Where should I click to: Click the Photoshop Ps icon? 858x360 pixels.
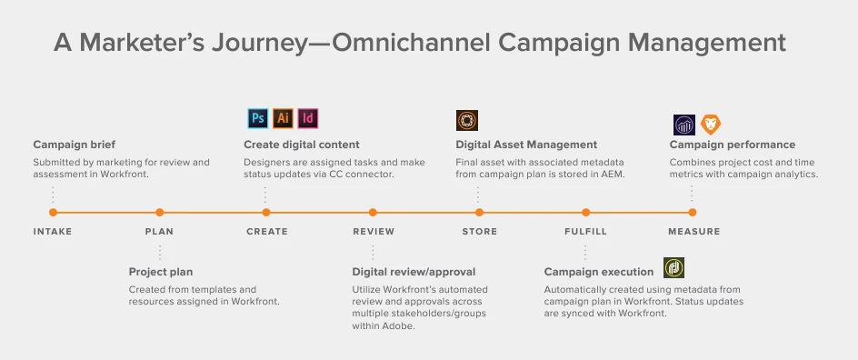point(258,119)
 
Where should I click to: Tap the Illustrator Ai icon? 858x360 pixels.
point(283,119)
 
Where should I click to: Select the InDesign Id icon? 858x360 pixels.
point(308,119)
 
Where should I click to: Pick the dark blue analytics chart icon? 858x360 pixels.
point(684,125)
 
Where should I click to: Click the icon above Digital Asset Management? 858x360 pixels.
point(467,120)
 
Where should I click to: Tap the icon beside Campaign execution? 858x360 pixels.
point(673,268)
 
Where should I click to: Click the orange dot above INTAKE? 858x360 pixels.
point(53,213)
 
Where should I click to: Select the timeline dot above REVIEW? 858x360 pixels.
point(373,213)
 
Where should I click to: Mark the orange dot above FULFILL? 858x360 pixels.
point(585,213)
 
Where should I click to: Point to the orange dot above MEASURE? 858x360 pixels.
point(693,213)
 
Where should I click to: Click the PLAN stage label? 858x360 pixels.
point(159,232)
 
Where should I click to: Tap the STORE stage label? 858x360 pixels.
point(480,232)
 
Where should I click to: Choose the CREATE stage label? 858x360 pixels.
point(267,232)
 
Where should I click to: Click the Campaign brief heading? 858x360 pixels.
point(75,145)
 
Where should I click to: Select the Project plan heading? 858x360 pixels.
point(161,272)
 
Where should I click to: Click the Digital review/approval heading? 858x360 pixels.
point(414,272)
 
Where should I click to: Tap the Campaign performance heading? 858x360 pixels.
point(733,145)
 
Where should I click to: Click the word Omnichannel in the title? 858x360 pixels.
point(412,43)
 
